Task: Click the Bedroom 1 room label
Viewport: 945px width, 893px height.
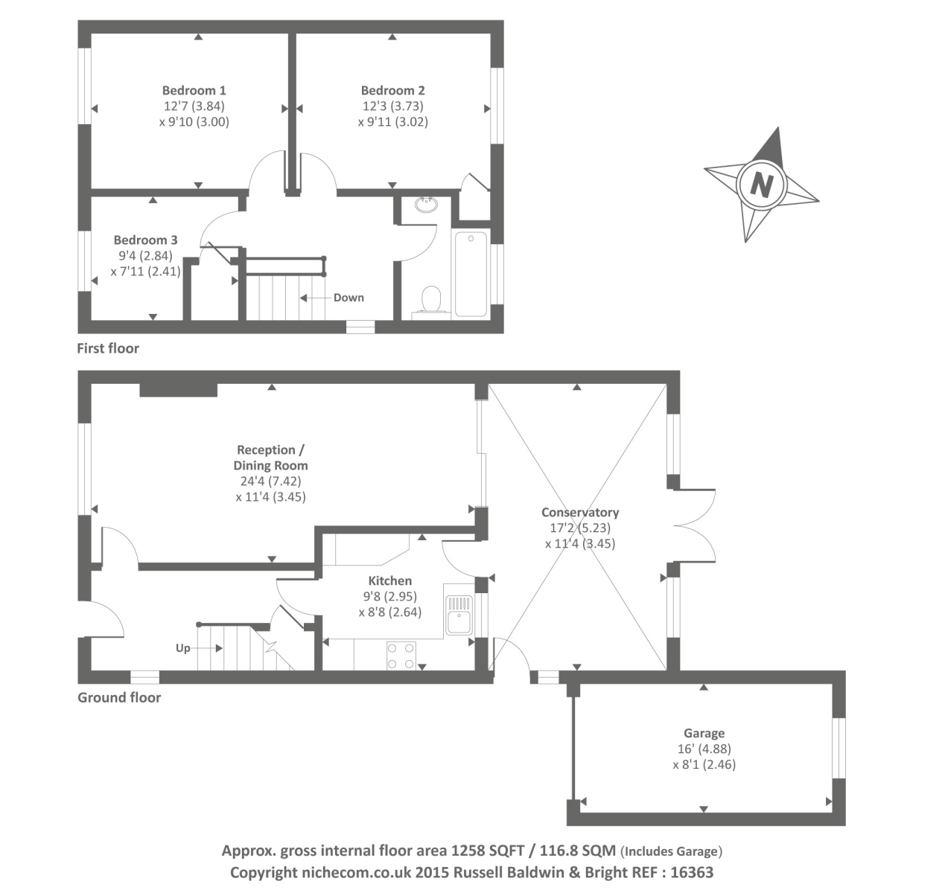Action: (194, 91)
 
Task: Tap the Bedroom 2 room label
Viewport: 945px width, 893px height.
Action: (392, 91)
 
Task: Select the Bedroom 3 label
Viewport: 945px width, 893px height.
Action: (145, 240)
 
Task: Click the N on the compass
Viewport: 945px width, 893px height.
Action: (760, 184)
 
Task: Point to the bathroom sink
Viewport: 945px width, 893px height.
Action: (427, 204)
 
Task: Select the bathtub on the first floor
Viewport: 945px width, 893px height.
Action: (471, 273)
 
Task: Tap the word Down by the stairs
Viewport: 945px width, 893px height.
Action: (349, 298)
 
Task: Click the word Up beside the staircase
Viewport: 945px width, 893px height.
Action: (183, 648)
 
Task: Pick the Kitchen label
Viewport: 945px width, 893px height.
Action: (390, 580)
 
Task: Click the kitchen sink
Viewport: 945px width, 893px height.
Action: (459, 614)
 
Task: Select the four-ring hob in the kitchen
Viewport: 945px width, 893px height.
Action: (401, 656)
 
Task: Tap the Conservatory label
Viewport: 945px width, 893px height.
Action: (580, 512)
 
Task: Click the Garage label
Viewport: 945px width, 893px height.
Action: (704, 733)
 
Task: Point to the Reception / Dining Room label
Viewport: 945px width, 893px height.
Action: (270, 458)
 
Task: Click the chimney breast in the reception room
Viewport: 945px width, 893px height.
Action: (179, 390)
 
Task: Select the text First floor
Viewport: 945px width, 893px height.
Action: (108, 348)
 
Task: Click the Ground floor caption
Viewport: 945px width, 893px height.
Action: (119, 697)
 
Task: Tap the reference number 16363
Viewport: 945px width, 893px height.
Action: (692, 872)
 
